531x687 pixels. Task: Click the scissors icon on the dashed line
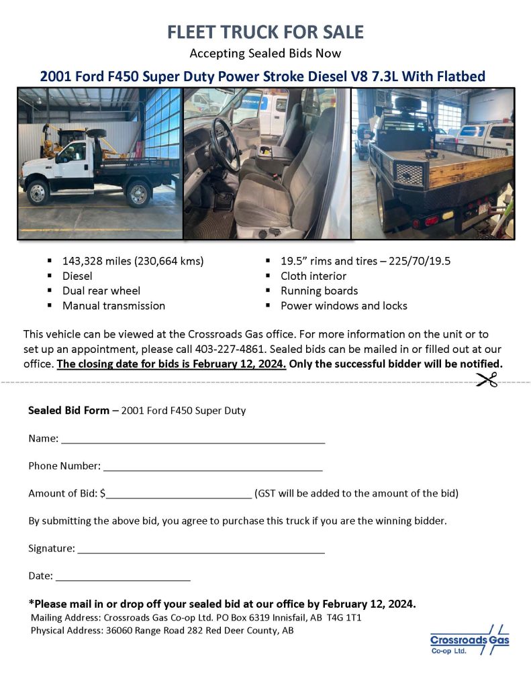click(488, 380)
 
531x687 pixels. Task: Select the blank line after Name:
click(193, 440)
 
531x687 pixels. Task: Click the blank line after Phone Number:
click(213, 467)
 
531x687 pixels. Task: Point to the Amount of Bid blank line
click(179, 495)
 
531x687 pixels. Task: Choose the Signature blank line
click(201, 549)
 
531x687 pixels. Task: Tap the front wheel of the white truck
click(36, 193)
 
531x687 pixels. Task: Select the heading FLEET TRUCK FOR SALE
click(265, 32)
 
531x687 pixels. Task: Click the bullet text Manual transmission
click(113, 305)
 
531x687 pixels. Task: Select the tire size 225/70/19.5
click(417, 261)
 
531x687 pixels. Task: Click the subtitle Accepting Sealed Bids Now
click(265, 54)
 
